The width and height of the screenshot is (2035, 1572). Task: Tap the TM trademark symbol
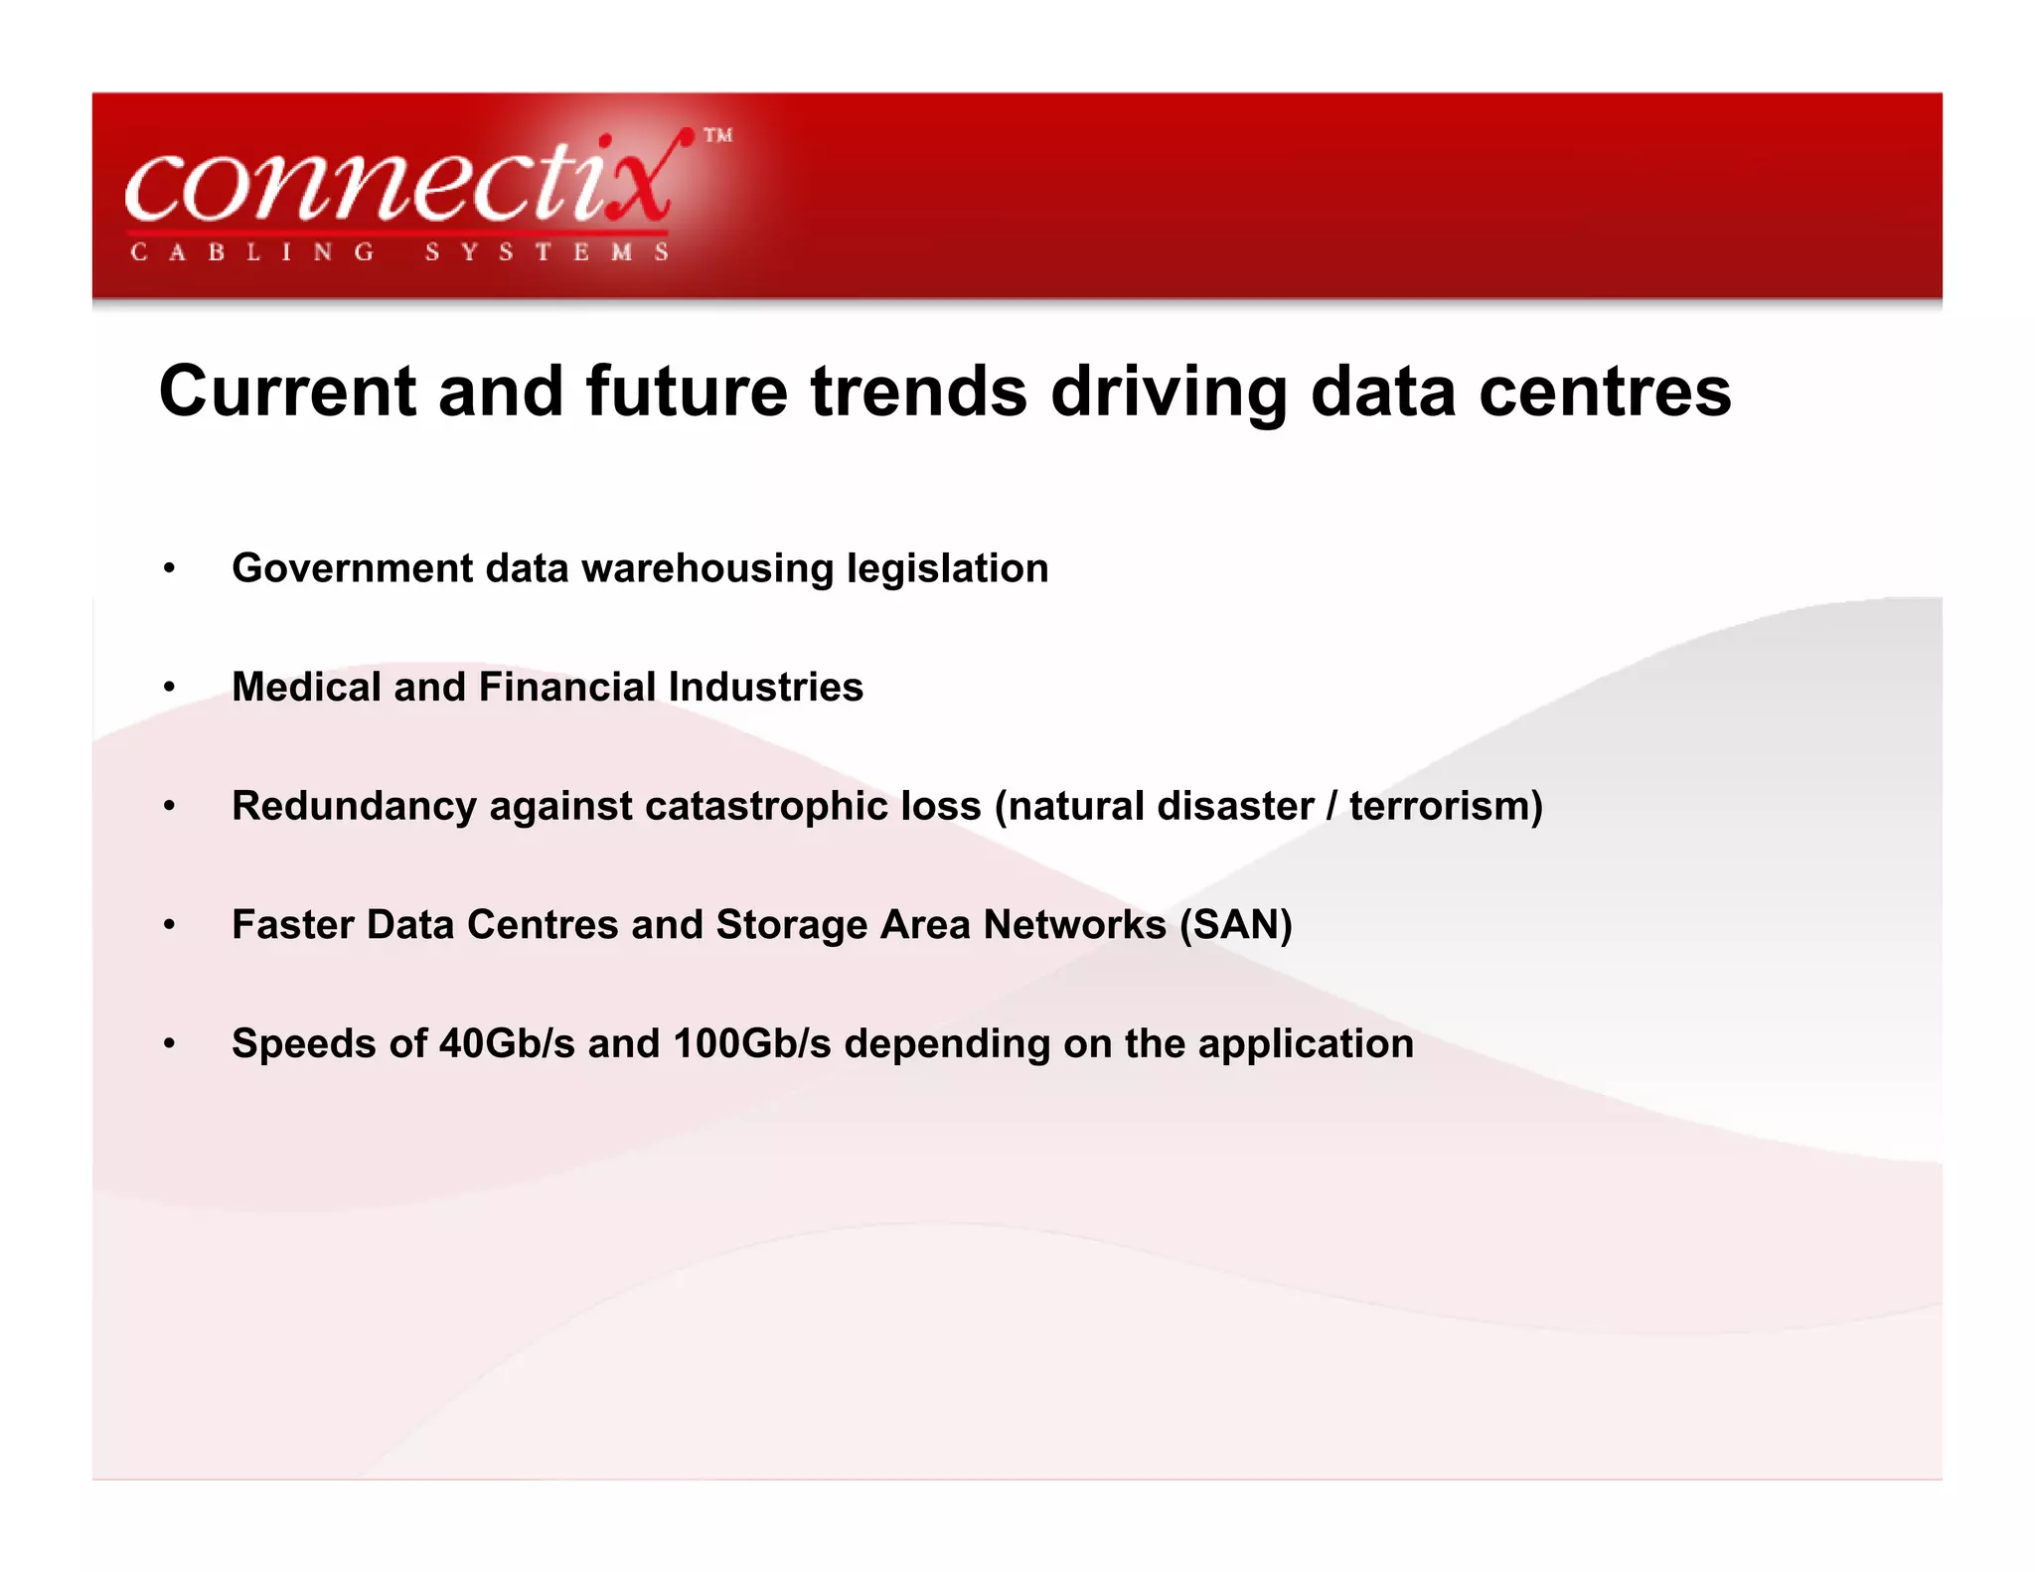718,135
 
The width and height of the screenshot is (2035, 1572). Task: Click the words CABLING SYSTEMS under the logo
399,252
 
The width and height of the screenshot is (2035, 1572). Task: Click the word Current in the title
286,392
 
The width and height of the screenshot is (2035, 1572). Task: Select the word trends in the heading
919,392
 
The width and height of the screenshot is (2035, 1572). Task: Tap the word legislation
947,568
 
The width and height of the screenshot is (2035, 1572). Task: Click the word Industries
765,687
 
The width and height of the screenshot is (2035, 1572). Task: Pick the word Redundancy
354,806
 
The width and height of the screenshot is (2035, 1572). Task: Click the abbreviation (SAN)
1235,925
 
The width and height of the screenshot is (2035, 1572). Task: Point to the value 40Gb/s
507,1043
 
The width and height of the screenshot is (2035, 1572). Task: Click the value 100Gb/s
752,1043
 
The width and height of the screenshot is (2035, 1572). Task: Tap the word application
1306,1044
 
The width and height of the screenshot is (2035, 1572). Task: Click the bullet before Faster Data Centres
170,925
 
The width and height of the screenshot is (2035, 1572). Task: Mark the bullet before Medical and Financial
170,688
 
